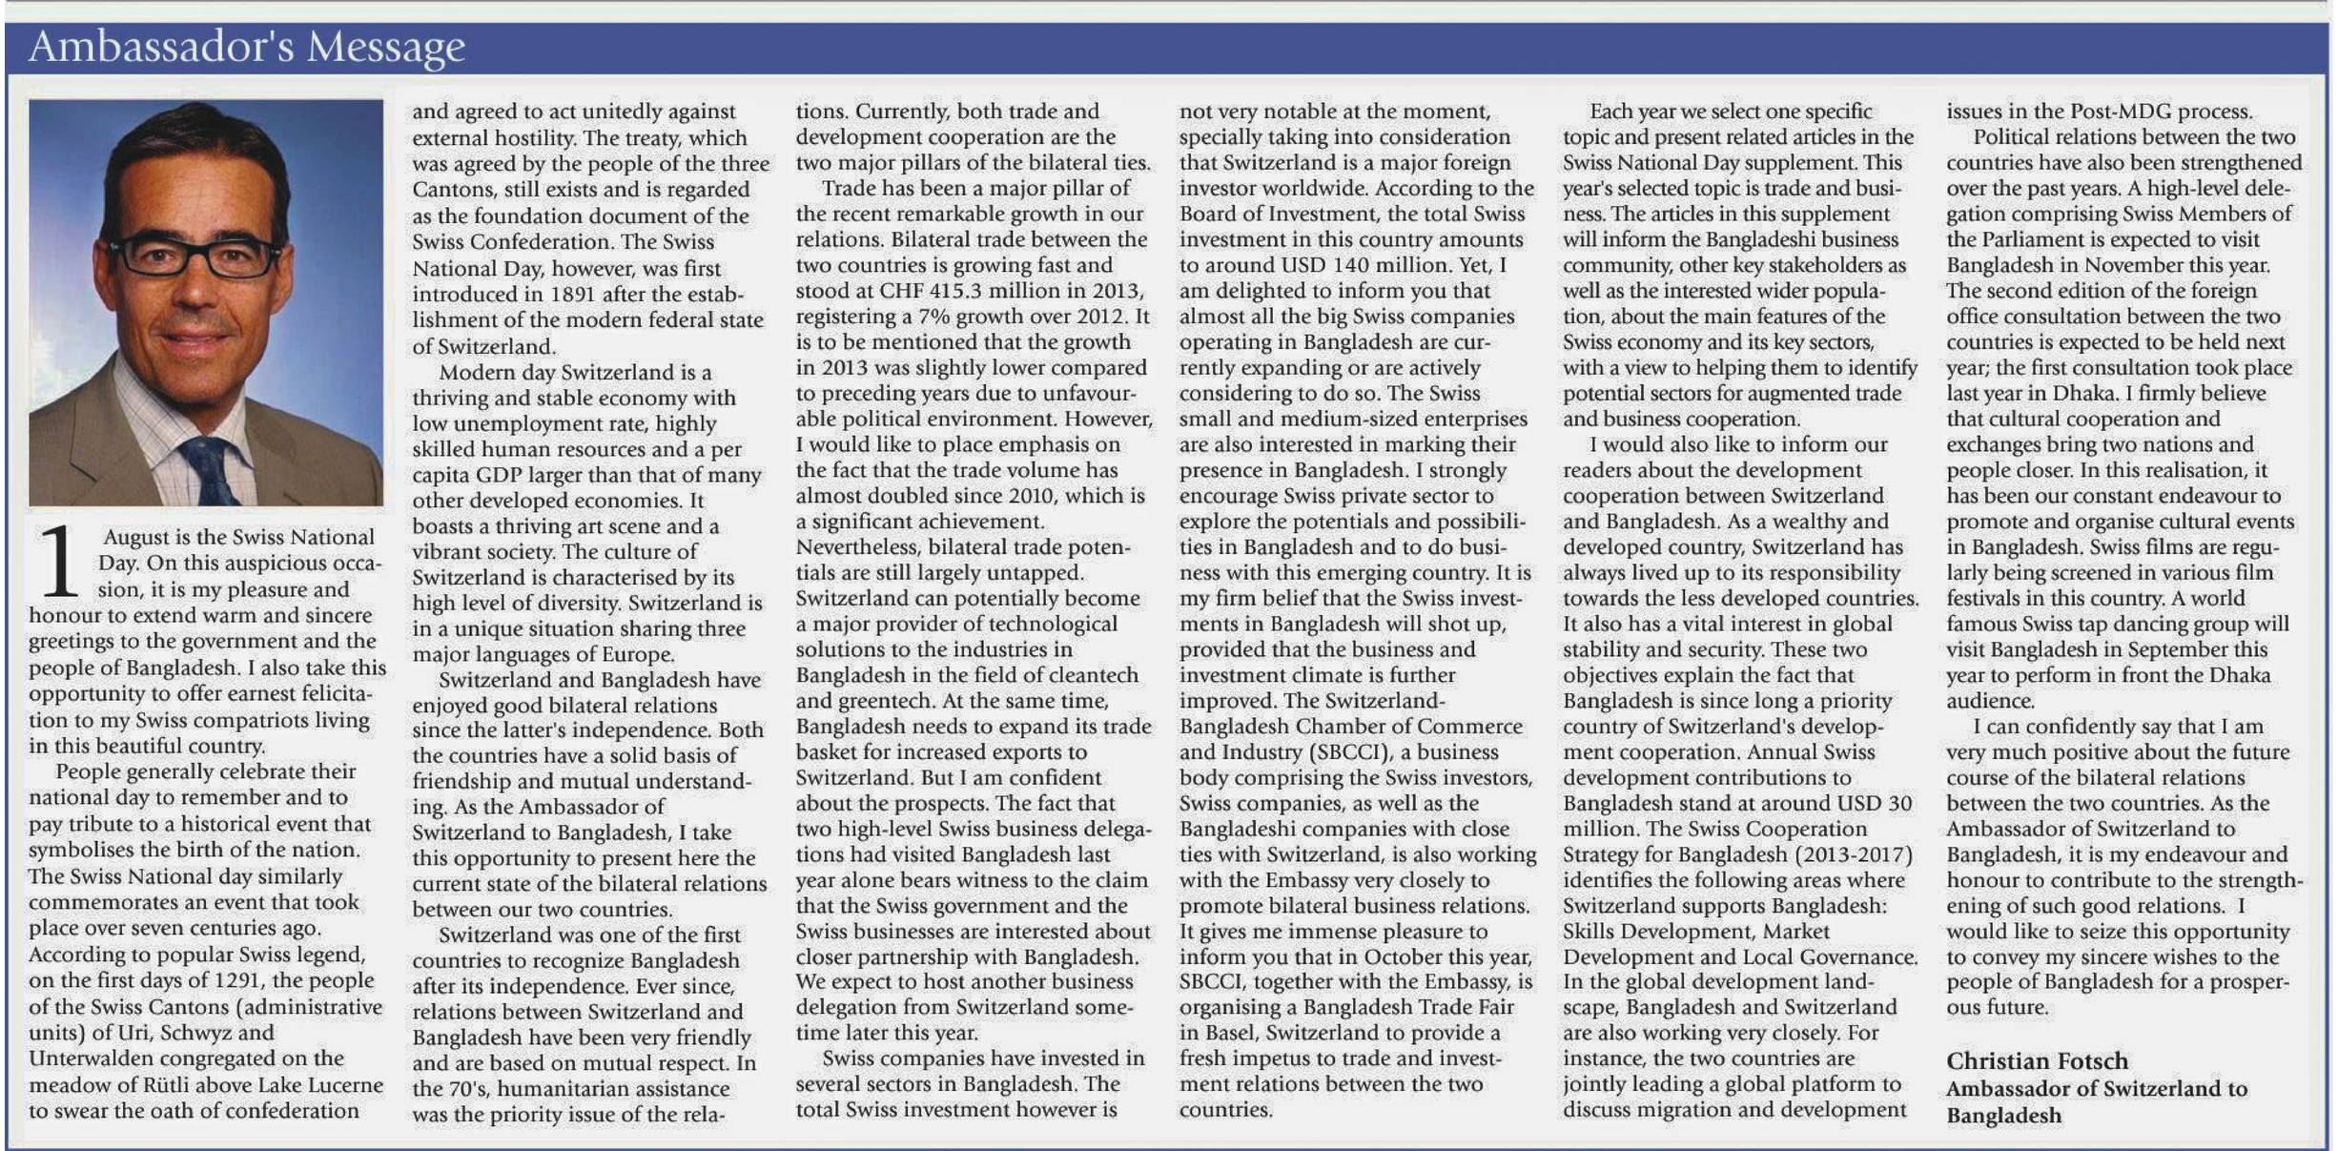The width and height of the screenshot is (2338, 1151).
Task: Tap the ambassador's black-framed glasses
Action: (x=195, y=256)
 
